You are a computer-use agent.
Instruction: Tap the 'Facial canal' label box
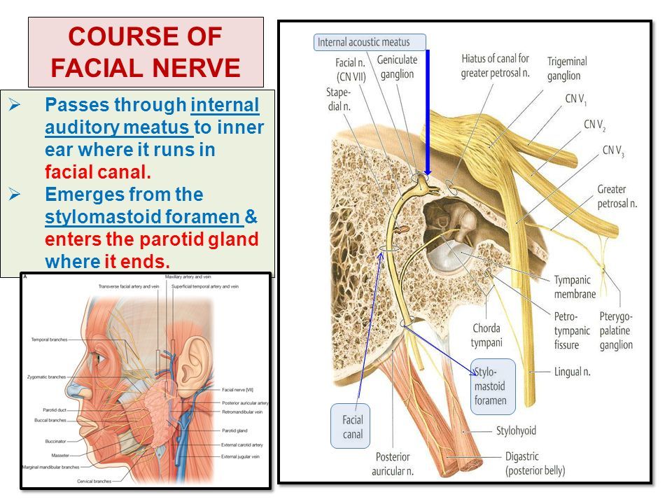(352, 427)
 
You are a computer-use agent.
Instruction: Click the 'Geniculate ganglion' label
(396, 67)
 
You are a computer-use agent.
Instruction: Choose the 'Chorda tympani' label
(487, 336)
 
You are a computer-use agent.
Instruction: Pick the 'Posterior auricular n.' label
(393, 463)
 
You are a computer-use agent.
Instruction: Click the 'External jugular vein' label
(243, 456)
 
